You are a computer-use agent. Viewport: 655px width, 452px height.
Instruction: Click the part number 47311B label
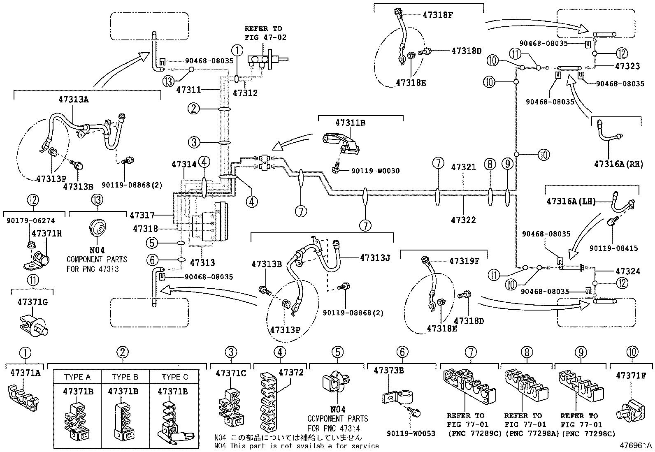point(350,123)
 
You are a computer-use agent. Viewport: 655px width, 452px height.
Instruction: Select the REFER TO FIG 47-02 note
point(265,33)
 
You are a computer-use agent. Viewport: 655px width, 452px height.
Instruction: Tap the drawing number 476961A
point(636,445)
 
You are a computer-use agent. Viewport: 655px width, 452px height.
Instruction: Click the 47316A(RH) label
point(618,164)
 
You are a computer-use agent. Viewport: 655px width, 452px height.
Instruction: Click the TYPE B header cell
point(125,377)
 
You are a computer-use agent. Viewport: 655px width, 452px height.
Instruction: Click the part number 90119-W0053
point(411,433)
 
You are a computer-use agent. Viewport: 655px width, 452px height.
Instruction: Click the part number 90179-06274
point(31,221)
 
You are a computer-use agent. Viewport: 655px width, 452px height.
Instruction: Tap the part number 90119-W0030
point(375,171)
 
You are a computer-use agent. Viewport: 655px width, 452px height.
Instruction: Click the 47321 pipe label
point(463,167)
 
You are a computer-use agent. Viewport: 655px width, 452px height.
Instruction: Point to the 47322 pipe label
point(463,220)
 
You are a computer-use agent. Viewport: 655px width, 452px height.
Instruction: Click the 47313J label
point(374,258)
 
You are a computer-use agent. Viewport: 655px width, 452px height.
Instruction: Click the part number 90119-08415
point(613,248)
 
